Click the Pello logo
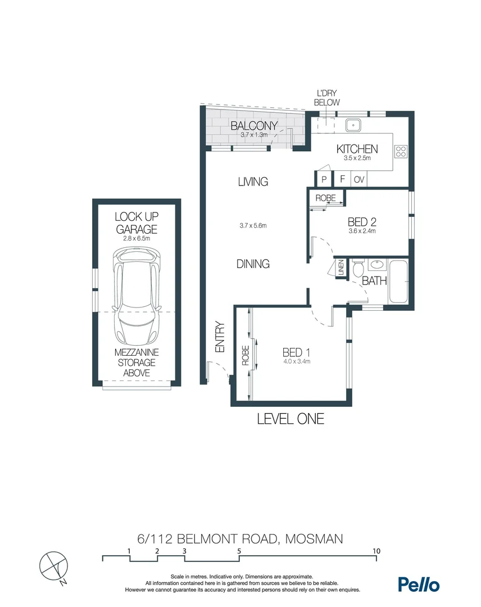[x=419, y=584]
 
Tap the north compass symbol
[x=53, y=564]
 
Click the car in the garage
[x=137, y=303]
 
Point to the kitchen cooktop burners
[x=402, y=151]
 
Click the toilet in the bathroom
[x=359, y=269]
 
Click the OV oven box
[x=359, y=180]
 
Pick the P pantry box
[x=324, y=180]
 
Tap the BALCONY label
[x=254, y=126]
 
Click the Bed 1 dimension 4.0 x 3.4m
[x=296, y=361]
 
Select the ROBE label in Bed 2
[x=325, y=198]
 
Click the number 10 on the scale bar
[x=376, y=551]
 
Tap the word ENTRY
[x=220, y=337]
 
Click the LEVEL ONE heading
[x=291, y=419]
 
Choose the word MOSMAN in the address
[x=314, y=539]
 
